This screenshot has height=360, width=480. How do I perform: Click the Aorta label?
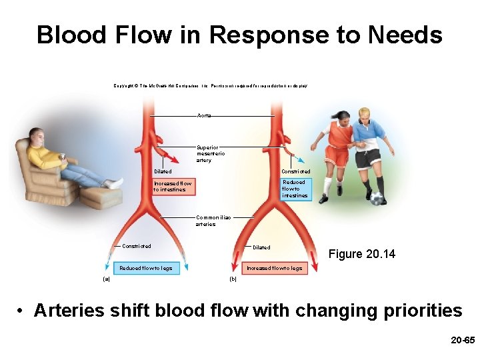[x=203, y=116]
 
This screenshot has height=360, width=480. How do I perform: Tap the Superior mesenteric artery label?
[x=207, y=154]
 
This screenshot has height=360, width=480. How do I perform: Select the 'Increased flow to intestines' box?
[x=173, y=187]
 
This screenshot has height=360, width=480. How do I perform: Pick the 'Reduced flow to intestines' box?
[x=295, y=189]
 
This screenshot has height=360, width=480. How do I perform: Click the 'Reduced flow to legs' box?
[x=145, y=268]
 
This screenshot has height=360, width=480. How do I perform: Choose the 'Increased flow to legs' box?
[x=274, y=268]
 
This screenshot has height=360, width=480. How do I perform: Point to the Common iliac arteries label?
[x=206, y=221]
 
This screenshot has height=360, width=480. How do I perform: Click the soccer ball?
[x=377, y=199]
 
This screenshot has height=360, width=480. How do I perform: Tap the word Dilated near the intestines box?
[x=163, y=172]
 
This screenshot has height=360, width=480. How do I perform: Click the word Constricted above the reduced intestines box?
[x=295, y=172]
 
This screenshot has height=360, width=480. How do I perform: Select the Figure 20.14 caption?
[x=361, y=254]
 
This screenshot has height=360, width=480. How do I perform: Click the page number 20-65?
[x=463, y=340]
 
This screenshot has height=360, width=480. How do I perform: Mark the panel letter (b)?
[x=233, y=279]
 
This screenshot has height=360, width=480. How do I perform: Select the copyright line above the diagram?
[x=210, y=86]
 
